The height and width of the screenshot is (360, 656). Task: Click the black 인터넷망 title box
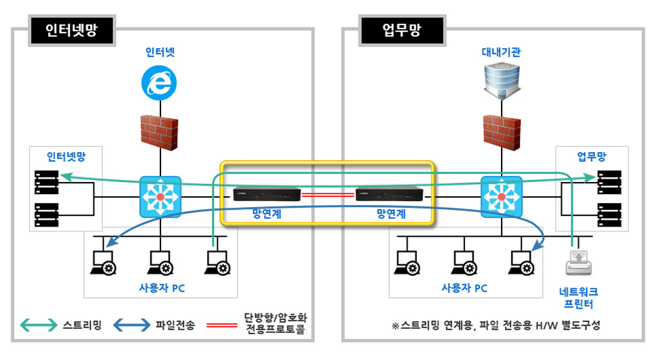click(x=70, y=30)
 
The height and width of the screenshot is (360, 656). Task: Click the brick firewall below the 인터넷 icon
click(x=160, y=133)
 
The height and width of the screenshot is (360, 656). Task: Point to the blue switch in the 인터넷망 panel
click(x=160, y=197)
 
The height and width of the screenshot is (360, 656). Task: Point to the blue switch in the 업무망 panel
click(x=501, y=197)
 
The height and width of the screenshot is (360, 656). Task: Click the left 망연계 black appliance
click(x=265, y=194)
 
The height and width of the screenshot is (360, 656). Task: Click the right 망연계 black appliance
click(x=390, y=194)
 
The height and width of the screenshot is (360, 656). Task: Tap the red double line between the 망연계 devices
click(x=328, y=194)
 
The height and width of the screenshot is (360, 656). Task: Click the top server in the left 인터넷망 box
click(x=46, y=181)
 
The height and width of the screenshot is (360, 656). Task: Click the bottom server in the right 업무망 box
click(x=609, y=213)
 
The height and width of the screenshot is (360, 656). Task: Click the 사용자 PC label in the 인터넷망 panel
click(x=160, y=288)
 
